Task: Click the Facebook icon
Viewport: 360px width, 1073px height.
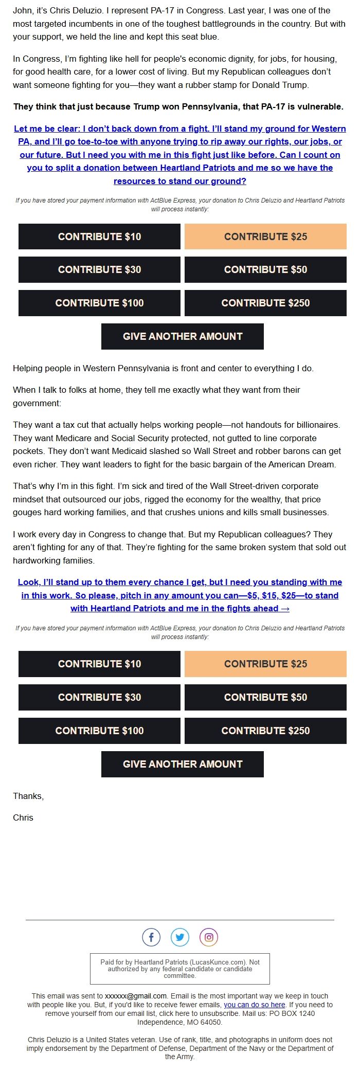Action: coord(151,937)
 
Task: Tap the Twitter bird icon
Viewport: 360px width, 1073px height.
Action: coord(180,937)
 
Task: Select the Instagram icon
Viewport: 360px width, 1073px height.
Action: coord(209,937)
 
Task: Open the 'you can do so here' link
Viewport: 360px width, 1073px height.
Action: coord(254,1004)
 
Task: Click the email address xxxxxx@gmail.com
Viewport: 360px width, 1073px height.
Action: coord(136,995)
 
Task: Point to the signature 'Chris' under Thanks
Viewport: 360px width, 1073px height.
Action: coord(23,817)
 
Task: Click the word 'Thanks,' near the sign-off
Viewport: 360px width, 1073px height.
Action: coord(28,796)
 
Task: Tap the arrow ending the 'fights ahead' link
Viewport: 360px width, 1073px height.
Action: coord(285,608)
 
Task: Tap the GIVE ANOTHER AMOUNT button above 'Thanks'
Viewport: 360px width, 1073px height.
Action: coord(183,764)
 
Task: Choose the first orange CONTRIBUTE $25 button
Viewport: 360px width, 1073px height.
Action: coord(265,237)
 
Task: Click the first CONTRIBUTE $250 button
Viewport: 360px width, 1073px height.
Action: coord(265,303)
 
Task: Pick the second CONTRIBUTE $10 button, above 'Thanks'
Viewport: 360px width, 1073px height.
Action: coord(99,664)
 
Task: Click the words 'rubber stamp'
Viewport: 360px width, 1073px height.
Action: coord(231,85)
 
